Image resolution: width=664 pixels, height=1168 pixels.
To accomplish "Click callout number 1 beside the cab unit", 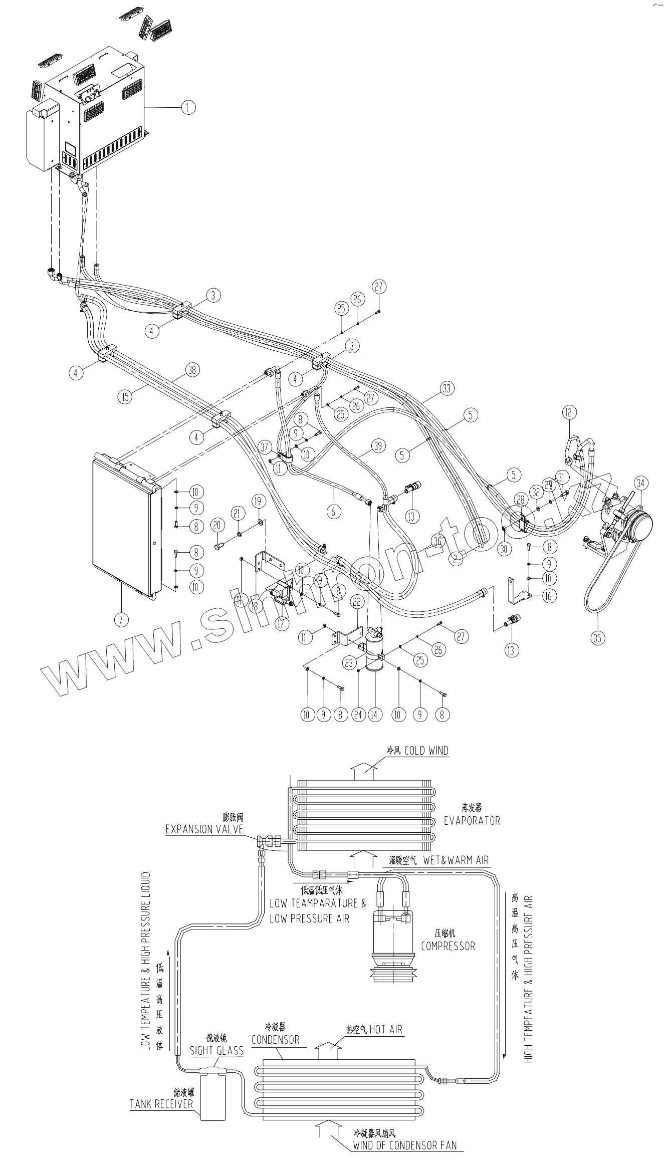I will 188,107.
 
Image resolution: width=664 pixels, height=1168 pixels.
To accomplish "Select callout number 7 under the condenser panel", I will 121,619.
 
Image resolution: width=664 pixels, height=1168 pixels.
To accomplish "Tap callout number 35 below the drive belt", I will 597,637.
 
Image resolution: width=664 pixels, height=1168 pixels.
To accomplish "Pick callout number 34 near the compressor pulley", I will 640,484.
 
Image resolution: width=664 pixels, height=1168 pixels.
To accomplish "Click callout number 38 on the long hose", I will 192,370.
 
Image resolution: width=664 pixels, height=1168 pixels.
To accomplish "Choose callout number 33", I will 447,388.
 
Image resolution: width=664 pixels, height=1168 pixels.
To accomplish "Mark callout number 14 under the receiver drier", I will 374,715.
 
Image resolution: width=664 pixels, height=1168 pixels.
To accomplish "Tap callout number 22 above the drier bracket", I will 357,602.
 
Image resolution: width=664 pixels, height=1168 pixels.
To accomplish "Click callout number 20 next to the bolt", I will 217,526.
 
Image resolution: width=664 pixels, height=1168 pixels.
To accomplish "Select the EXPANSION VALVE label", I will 204,829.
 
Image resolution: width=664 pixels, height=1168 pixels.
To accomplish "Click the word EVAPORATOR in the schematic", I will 472,820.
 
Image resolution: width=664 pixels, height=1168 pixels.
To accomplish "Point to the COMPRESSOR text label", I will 448,946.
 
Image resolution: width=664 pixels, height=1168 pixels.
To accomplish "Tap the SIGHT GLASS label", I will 216,1051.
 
